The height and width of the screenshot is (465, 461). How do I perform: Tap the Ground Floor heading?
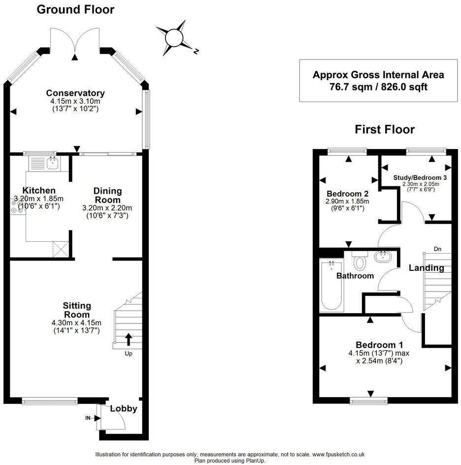pyautogui.click(x=75, y=9)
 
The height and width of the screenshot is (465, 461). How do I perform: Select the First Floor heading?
pyautogui.click(x=385, y=129)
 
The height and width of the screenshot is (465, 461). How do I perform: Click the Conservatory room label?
pyautogui.click(x=75, y=93)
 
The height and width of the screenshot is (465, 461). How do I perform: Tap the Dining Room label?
pyautogui.click(x=107, y=195)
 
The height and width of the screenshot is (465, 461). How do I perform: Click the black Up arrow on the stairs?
pyautogui.click(x=129, y=339)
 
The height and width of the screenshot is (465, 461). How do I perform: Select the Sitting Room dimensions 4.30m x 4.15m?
pyautogui.click(x=76, y=322)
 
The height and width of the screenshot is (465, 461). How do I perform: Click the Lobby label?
pyautogui.click(x=123, y=408)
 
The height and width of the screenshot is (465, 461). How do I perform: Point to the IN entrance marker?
pyautogui.click(x=88, y=418)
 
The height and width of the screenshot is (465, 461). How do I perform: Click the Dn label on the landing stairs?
pyautogui.click(x=437, y=249)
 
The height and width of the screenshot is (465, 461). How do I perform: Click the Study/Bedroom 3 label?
pyautogui.click(x=420, y=177)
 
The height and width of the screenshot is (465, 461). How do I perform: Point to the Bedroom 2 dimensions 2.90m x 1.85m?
pyautogui.click(x=347, y=202)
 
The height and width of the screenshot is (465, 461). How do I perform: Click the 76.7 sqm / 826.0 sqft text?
pyautogui.click(x=378, y=87)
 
